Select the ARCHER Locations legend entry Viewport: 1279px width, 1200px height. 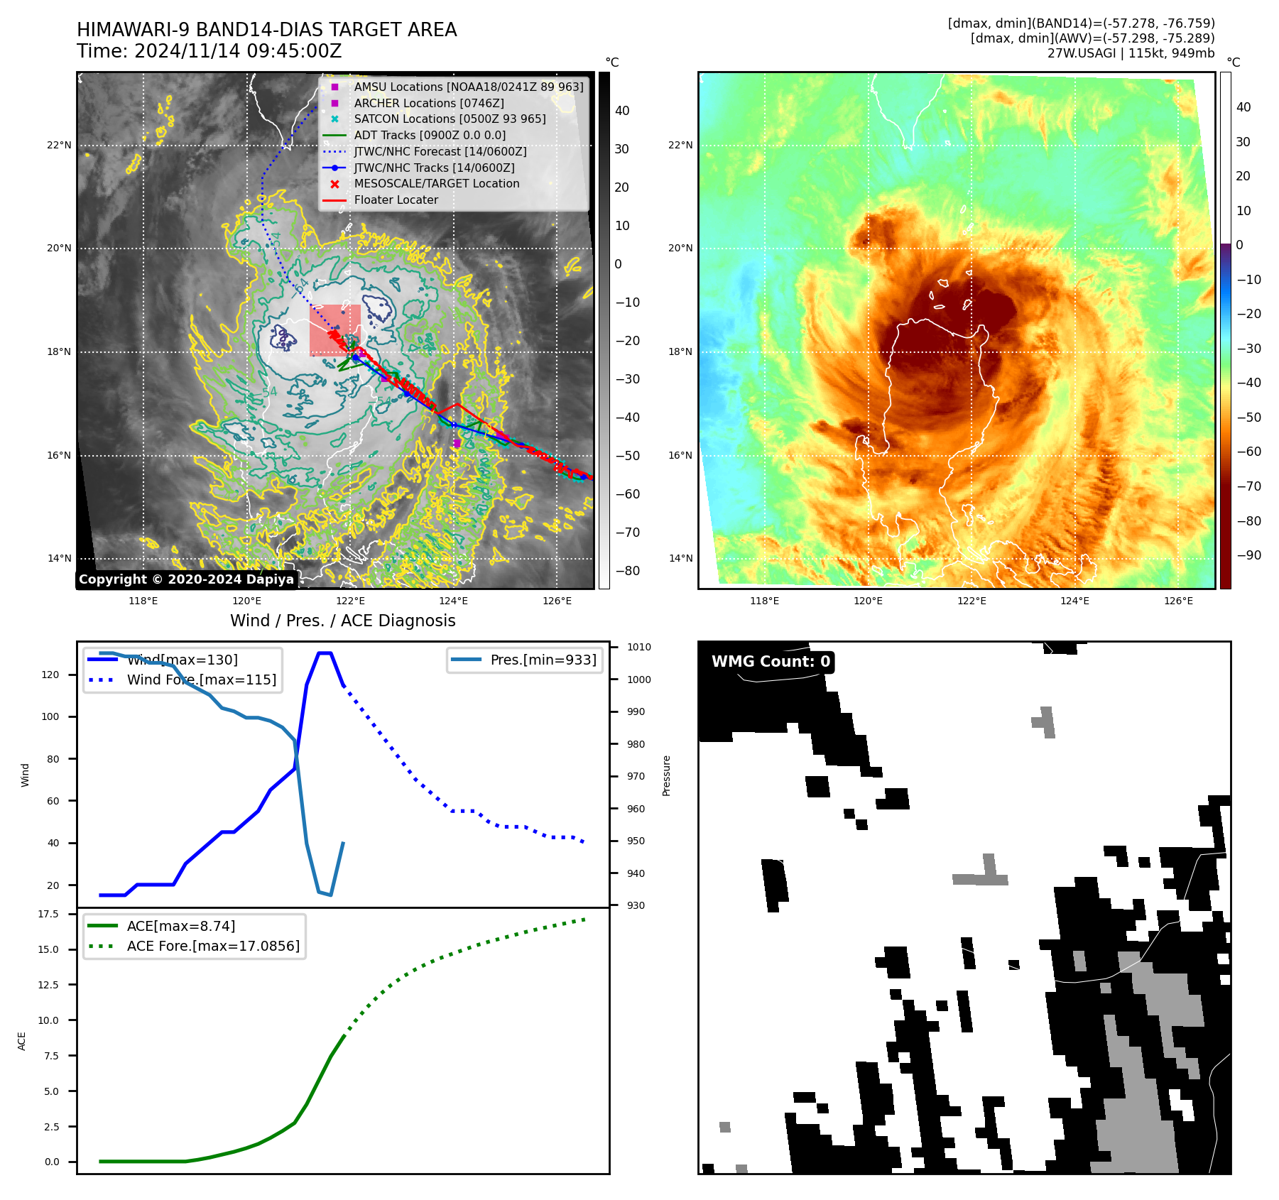428,103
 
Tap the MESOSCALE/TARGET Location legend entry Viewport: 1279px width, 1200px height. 436,184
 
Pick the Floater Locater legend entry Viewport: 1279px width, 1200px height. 396,200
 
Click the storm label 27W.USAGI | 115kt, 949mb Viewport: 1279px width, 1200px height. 1131,53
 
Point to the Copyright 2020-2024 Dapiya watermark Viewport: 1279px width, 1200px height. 186,579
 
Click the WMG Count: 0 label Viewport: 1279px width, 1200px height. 771,662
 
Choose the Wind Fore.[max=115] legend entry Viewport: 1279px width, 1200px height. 201,680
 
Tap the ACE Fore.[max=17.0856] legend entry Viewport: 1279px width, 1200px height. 212,947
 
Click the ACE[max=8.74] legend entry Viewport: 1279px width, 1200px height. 180,927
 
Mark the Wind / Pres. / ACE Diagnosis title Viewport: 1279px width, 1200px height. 342,621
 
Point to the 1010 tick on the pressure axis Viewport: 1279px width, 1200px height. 638,648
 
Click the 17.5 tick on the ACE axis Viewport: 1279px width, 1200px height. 48,915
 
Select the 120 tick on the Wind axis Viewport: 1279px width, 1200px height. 50,675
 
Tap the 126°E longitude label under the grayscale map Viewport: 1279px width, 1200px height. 557,601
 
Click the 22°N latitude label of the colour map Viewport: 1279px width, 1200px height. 680,146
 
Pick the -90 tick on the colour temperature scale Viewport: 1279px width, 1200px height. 1248,555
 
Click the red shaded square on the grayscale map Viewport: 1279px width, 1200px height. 334,330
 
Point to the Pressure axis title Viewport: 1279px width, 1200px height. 667,775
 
